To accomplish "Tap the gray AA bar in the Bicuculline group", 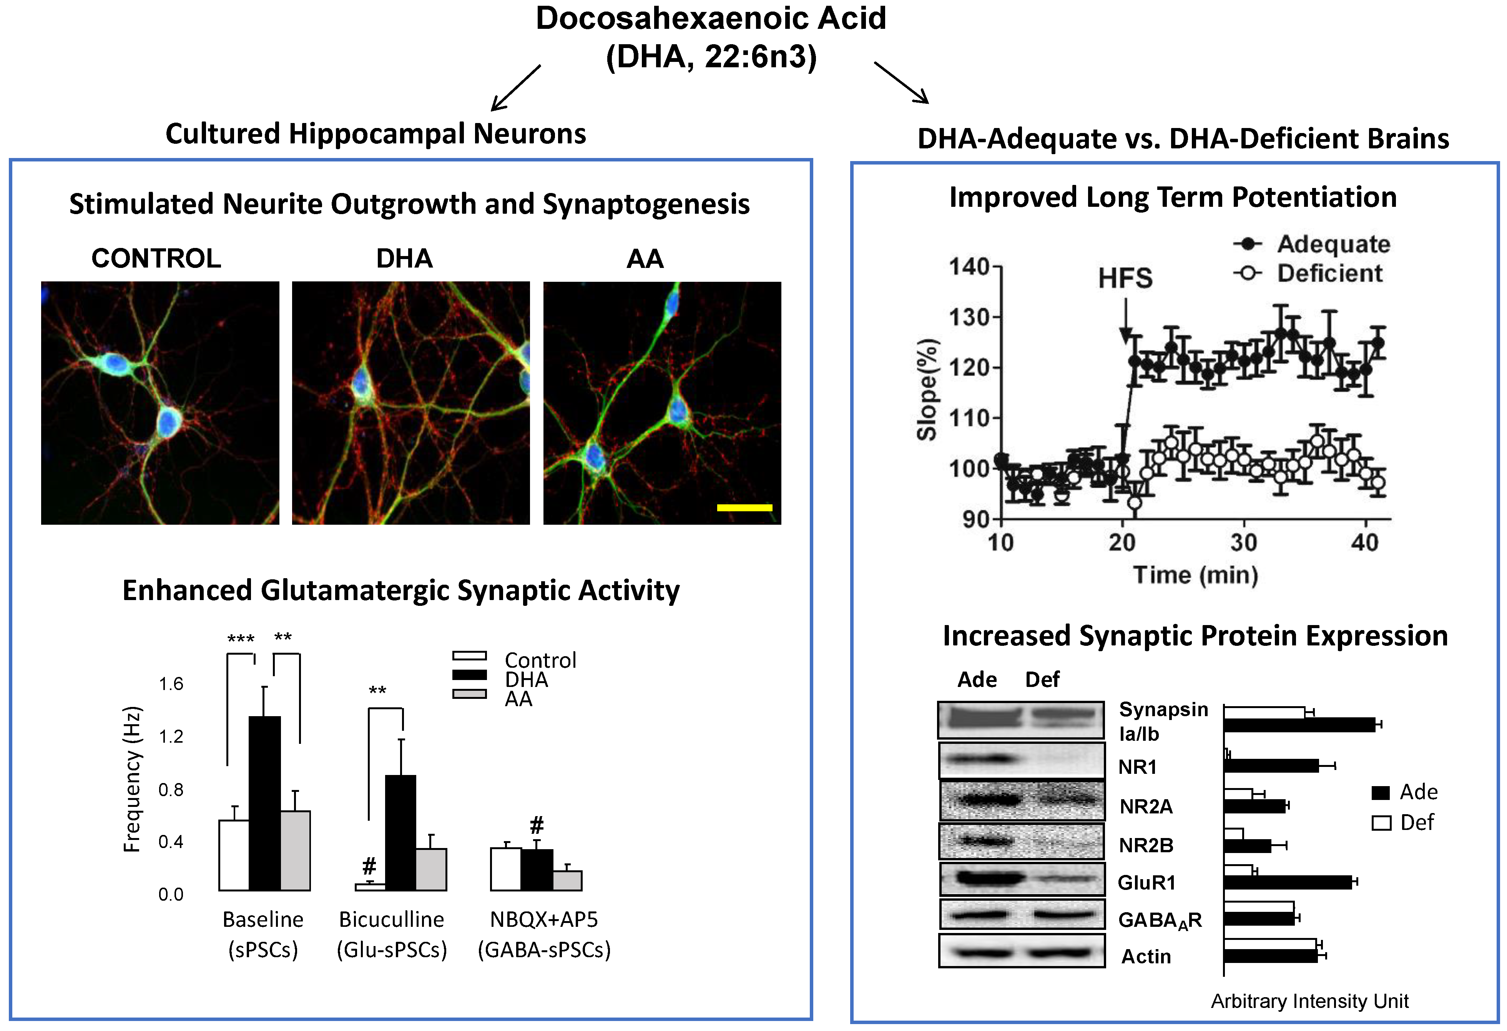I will [x=430, y=869].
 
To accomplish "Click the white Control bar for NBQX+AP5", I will [x=505, y=869].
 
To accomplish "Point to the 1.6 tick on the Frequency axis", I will [x=171, y=683].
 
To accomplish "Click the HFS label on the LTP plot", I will [x=1125, y=278].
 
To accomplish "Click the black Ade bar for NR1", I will [x=1271, y=766].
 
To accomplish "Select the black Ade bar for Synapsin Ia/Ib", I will [x=1299, y=725].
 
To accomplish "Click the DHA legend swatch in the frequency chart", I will [x=470, y=675].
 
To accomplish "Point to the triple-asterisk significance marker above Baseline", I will [x=241, y=639].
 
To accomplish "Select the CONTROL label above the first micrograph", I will [x=156, y=259].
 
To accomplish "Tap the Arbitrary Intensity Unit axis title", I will [x=1309, y=1001].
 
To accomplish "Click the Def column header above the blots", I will [x=1042, y=680].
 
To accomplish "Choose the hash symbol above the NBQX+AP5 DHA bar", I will [x=536, y=825].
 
